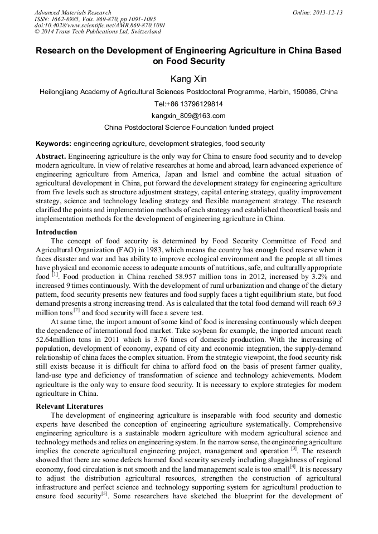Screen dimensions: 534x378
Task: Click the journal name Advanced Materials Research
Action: pyautogui.click(x=72, y=12)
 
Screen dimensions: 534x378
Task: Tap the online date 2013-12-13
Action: pyautogui.click(x=328, y=12)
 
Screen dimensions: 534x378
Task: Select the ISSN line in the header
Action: pyautogui.click(x=96, y=18)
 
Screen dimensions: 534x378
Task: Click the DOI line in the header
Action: pyautogui.click(x=100, y=25)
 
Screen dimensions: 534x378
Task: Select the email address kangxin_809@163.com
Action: pyautogui.click(x=188, y=116)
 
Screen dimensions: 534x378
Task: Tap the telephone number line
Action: pyautogui.click(x=188, y=104)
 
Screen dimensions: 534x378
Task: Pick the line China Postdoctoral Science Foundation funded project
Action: pyautogui.click(x=188, y=128)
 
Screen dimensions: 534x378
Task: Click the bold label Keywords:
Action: pyautogui.click(x=54, y=144)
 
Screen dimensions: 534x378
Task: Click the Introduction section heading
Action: pyautogui.click(x=56, y=232)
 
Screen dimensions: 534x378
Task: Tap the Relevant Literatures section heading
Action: pyautogui.click(x=69, y=406)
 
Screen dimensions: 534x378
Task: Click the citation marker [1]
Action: pyautogui.click(x=55, y=275)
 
